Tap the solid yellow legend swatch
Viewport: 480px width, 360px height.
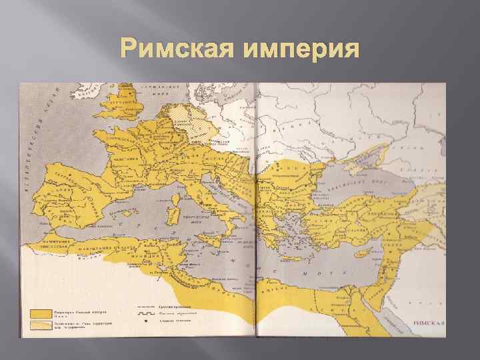pyautogui.click(x=41, y=313)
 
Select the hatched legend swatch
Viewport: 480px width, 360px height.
pyautogui.click(x=41, y=326)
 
